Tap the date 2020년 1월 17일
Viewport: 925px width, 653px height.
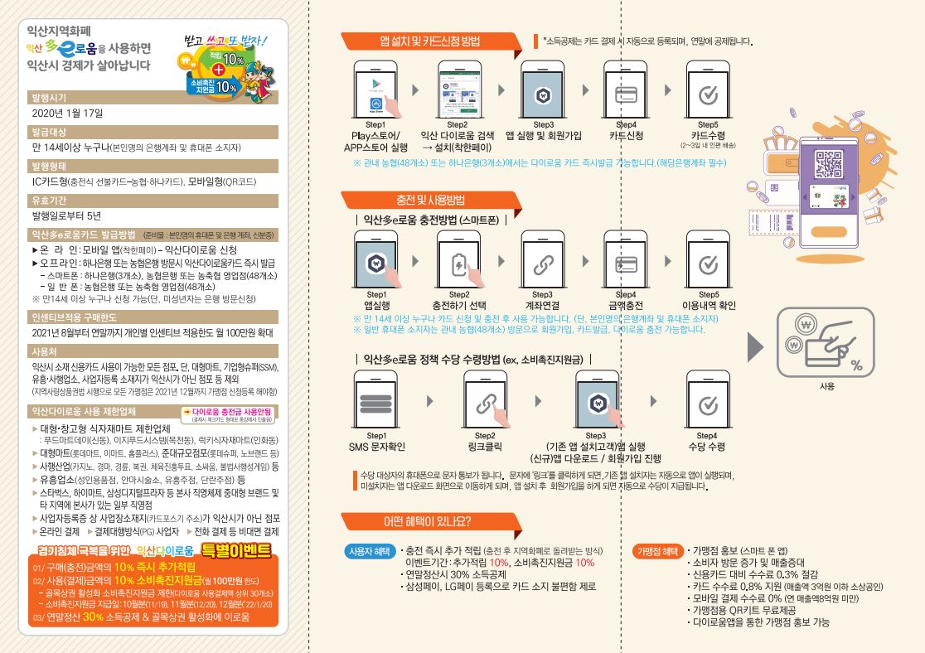(67, 113)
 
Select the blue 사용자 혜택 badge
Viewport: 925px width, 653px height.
(370, 551)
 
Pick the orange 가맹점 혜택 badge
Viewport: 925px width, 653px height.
(657, 551)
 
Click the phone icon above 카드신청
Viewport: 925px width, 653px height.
(626, 90)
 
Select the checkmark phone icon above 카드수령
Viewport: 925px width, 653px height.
(708, 90)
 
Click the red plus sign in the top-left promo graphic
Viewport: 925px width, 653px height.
(218, 70)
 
